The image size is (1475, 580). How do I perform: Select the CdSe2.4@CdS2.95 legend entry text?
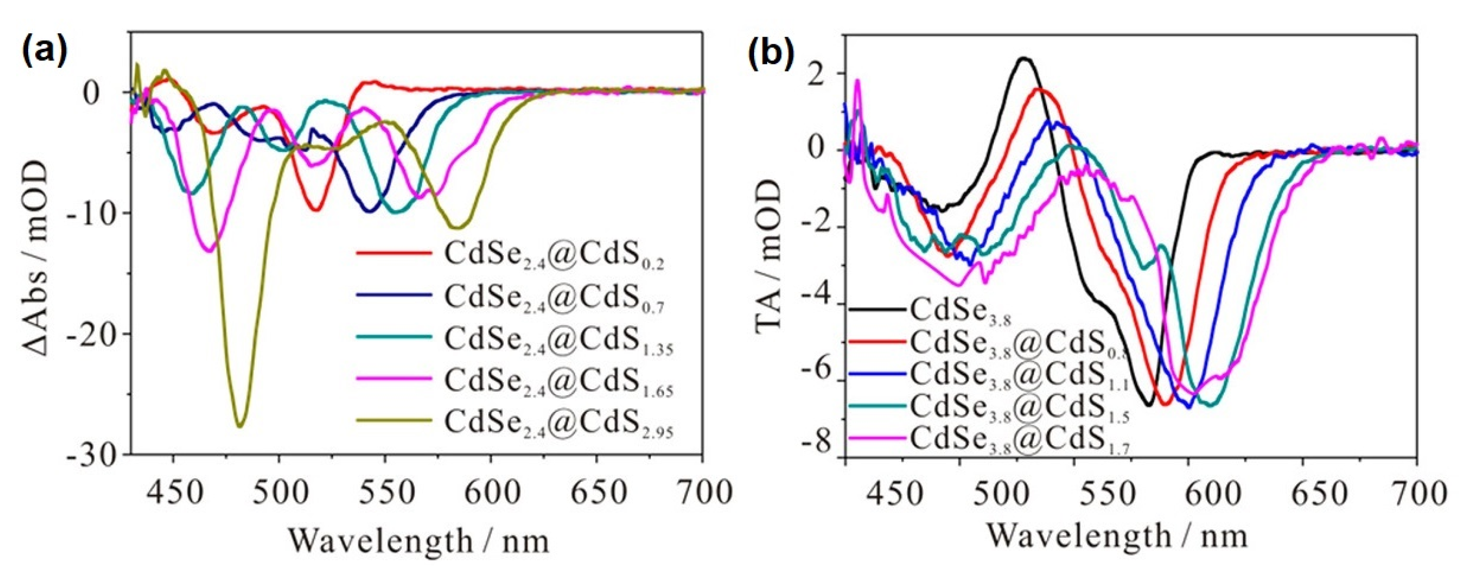click(x=558, y=422)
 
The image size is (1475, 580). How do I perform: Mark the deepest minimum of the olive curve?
click(x=240, y=425)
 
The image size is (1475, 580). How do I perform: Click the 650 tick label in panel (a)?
click(x=597, y=491)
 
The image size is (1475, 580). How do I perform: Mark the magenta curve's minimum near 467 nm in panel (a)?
click(x=209, y=250)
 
